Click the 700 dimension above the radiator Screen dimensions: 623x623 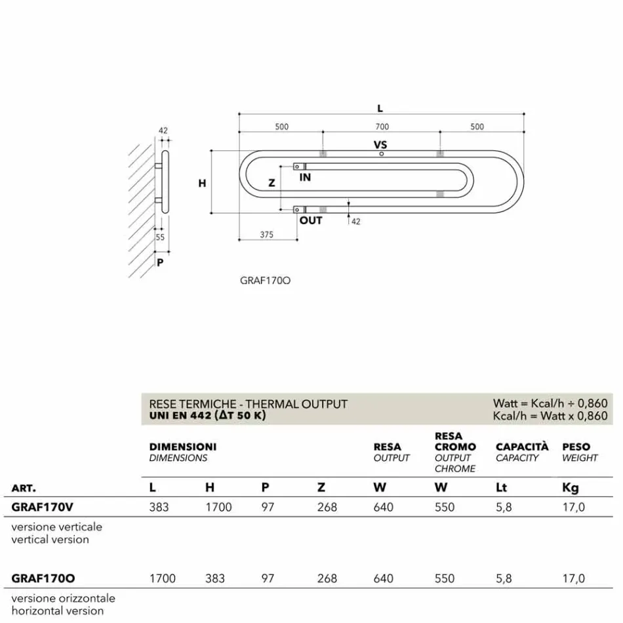pos(382,127)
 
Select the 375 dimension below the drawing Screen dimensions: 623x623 pos(266,234)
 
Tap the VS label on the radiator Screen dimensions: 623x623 pos(380,144)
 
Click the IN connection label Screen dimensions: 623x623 pos(305,178)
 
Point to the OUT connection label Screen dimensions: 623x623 pos(311,220)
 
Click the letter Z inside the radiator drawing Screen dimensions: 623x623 pos(271,184)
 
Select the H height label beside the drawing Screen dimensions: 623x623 pos(202,184)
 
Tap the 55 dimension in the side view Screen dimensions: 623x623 pos(160,237)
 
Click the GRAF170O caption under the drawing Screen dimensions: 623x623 pos(265,281)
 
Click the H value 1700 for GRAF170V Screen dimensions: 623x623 pos(218,507)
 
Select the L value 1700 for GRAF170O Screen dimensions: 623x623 pos(163,578)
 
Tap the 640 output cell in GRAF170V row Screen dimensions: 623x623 pos(384,507)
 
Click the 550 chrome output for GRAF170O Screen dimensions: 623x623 pos(445,578)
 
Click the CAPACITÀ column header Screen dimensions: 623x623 pos(522,447)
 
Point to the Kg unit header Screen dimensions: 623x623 pos(571,488)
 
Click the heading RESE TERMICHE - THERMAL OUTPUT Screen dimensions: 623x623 pos(249,404)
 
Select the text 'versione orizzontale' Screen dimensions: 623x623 pos(63,598)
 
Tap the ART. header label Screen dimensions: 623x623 pos(24,489)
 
